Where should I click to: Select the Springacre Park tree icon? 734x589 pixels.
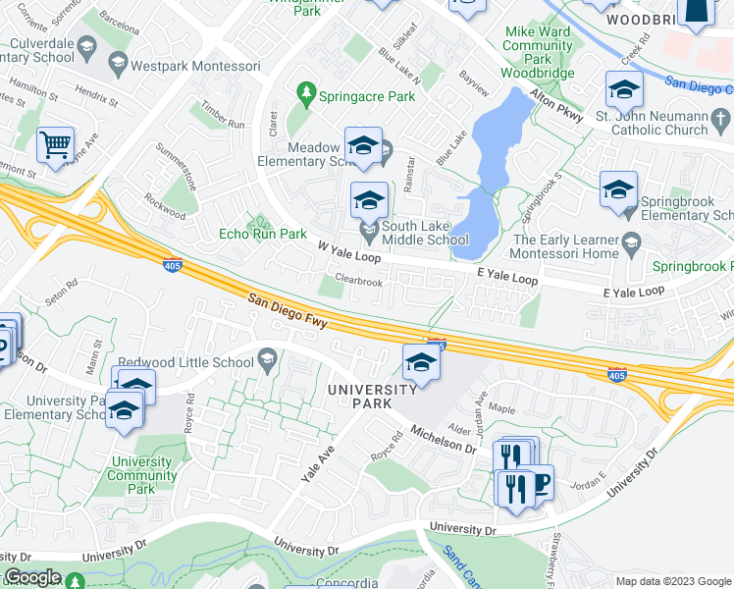click(306, 95)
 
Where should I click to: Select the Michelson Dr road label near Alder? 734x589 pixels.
click(444, 439)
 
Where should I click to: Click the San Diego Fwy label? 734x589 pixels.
click(286, 311)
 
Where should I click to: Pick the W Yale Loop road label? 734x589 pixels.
click(348, 254)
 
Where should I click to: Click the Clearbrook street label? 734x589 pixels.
click(358, 281)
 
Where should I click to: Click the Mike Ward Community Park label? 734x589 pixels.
click(538, 51)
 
